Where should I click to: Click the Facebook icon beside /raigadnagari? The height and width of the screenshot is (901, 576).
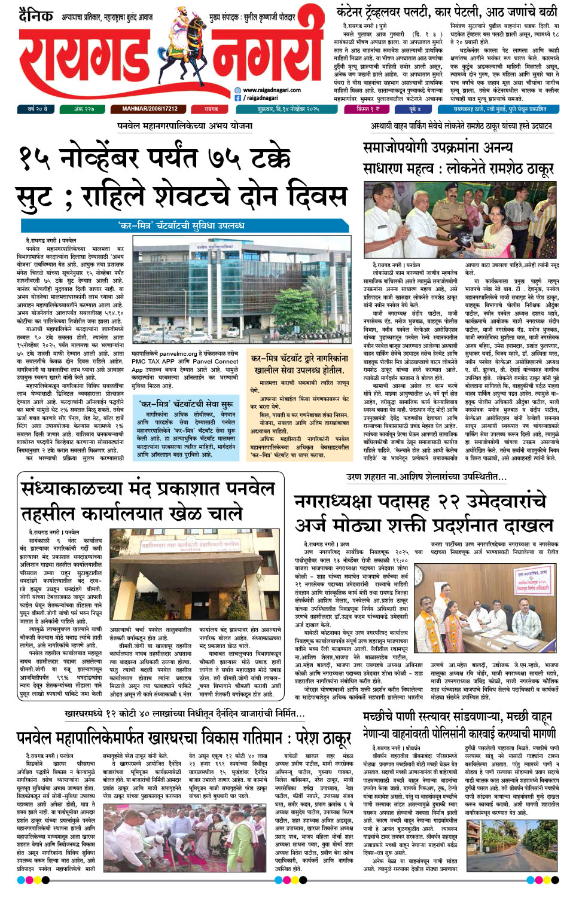(238, 97)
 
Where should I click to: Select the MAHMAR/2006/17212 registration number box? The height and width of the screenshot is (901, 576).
(150, 109)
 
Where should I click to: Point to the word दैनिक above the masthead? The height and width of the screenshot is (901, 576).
(35, 16)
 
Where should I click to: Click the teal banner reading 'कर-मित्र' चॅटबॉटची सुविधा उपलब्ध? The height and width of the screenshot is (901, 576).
(181, 225)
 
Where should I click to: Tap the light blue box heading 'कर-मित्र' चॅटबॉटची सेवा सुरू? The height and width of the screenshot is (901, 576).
(186, 404)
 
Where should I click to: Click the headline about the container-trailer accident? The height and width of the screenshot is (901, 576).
(446, 11)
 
